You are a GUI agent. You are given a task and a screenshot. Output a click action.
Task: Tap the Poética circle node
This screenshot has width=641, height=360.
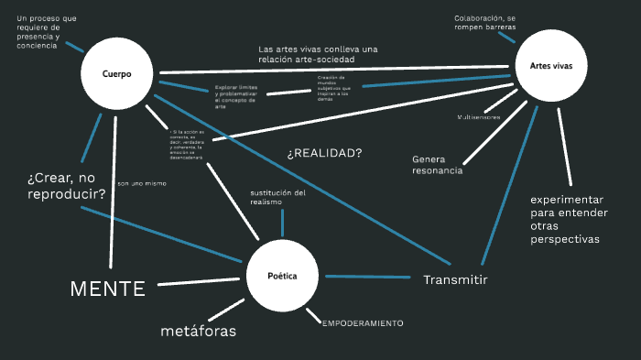click(281, 276)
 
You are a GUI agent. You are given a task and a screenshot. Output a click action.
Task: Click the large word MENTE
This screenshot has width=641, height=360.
click(108, 289)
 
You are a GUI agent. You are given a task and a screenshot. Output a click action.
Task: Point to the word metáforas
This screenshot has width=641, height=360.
click(199, 330)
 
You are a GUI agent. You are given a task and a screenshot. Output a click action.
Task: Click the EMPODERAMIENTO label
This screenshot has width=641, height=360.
click(363, 323)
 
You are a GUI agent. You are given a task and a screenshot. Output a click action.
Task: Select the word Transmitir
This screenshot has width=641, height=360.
click(455, 279)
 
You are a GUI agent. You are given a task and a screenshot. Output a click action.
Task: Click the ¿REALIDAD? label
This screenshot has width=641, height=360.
click(324, 153)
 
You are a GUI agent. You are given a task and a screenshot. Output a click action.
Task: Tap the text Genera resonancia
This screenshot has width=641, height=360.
click(437, 164)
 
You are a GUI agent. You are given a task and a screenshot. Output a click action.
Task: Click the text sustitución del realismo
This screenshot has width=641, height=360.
click(277, 197)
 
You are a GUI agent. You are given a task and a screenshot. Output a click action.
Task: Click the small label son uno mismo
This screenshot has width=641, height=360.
click(142, 183)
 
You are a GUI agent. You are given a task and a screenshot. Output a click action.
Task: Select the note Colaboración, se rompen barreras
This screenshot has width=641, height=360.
click(485, 22)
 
